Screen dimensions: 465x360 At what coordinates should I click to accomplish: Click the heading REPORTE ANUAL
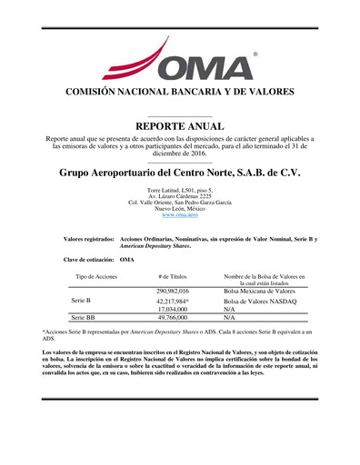point(179,124)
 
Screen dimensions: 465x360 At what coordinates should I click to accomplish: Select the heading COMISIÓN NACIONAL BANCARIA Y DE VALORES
point(180,93)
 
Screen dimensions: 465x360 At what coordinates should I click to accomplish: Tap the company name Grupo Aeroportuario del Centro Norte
point(179,172)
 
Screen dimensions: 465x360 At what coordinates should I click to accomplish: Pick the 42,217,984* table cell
point(172,300)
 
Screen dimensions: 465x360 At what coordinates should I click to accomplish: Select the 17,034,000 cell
point(172,309)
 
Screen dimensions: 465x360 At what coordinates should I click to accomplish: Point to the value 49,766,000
point(172,318)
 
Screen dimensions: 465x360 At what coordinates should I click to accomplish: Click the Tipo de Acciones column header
point(96,275)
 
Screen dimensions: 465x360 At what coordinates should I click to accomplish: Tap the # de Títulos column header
point(172,275)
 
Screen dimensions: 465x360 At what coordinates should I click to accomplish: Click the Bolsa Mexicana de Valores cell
point(259,290)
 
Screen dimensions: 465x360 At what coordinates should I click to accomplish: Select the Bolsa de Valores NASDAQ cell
point(260,300)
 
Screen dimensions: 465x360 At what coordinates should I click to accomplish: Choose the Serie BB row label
point(84,318)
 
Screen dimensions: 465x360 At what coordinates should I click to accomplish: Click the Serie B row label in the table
point(82,300)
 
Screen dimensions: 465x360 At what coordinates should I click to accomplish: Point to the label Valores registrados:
point(89,239)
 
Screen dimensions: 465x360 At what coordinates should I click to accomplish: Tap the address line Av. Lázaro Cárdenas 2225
point(180,195)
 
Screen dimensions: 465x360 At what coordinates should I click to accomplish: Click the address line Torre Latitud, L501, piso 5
point(180,189)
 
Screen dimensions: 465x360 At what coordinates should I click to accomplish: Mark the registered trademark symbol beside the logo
point(255,55)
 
